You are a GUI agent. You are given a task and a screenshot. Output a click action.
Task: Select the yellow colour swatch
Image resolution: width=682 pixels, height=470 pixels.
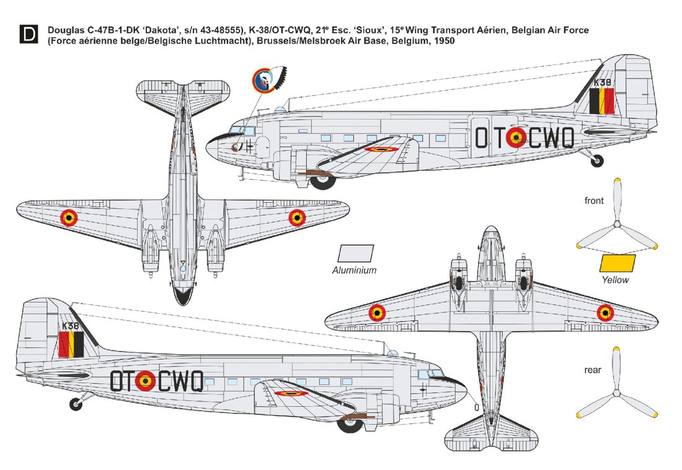tap(617, 263)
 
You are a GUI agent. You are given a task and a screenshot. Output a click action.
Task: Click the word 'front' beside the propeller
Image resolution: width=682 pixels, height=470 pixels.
tap(594, 200)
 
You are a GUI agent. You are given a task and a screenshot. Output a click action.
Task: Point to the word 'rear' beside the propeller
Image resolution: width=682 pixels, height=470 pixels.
tap(593, 370)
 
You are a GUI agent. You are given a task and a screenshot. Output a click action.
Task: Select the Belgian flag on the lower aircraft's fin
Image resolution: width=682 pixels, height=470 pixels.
tap(71, 344)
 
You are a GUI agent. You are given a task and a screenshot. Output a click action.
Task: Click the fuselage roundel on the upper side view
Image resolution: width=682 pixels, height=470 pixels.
tap(516, 138)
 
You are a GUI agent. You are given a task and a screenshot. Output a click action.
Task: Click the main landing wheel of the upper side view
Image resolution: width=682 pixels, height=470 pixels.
tap(322, 181)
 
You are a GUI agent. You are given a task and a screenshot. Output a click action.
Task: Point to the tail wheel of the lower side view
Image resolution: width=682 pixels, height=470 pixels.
tap(76, 405)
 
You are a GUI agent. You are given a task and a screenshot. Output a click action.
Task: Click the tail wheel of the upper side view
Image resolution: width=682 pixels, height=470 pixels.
tap(597, 161)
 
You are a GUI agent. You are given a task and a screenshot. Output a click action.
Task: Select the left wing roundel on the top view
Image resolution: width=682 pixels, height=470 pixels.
tap(69, 217)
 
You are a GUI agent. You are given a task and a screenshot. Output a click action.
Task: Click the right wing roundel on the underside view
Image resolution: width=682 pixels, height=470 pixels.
tap(605, 313)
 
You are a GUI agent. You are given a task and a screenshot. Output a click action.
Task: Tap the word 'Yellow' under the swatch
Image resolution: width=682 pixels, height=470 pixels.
tap(615, 280)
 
